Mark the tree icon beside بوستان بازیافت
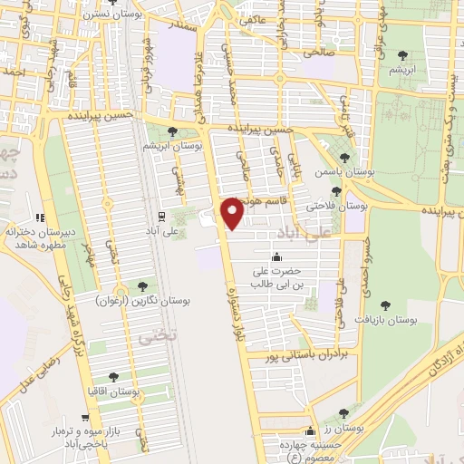click(x=386, y=305)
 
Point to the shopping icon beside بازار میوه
click(x=85, y=419)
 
